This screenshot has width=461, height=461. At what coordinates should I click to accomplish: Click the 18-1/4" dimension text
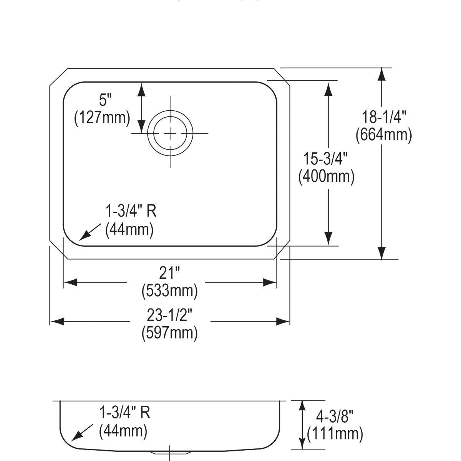[x=384, y=116]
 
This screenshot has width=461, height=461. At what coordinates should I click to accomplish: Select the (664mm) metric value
[x=384, y=135]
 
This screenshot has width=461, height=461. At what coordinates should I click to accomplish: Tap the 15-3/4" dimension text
[x=326, y=158]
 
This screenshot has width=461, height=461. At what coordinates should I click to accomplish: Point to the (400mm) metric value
[x=326, y=176]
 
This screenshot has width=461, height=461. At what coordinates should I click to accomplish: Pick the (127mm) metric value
[x=102, y=118]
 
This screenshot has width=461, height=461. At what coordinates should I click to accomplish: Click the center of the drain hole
[x=170, y=133]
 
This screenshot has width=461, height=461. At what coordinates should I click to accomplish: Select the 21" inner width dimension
[x=169, y=273]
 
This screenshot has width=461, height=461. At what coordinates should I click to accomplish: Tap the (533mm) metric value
[x=169, y=291]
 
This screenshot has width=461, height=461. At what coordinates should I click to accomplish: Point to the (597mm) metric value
[x=169, y=333]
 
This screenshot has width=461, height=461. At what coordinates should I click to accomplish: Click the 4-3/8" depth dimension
[x=334, y=416]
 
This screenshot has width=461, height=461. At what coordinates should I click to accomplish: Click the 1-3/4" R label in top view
[x=131, y=211]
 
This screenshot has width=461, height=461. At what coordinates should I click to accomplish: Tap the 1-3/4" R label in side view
[x=125, y=413]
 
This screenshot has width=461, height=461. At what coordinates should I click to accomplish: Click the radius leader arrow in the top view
[x=89, y=232]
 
